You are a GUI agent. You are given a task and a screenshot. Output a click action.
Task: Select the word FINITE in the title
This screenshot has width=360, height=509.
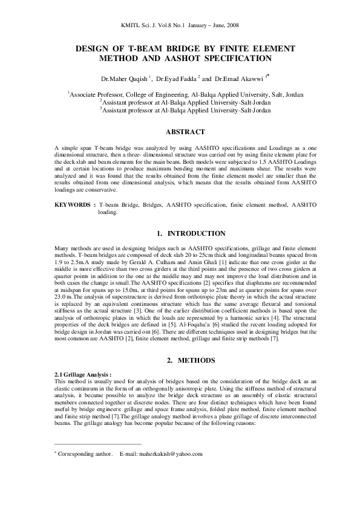234,47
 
